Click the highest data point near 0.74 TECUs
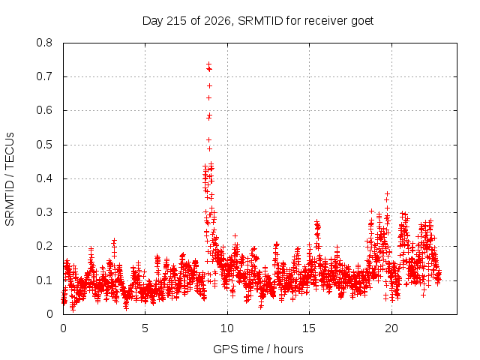click(208, 64)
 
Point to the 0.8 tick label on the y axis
click(44, 43)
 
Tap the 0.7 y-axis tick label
click(44, 76)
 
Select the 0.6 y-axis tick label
click(44, 110)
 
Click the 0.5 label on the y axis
click(44, 145)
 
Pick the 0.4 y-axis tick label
click(44, 178)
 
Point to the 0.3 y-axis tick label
click(44, 212)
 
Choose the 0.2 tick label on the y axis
click(44, 246)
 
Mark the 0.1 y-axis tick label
click(44, 280)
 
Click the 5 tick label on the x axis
click(145, 328)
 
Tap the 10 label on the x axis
click(227, 328)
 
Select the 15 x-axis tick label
click(309, 328)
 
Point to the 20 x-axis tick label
click(391, 328)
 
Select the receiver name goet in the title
click(362, 22)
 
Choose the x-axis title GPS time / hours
click(258, 349)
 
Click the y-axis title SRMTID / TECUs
click(10, 179)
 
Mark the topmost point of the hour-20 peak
click(387, 193)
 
